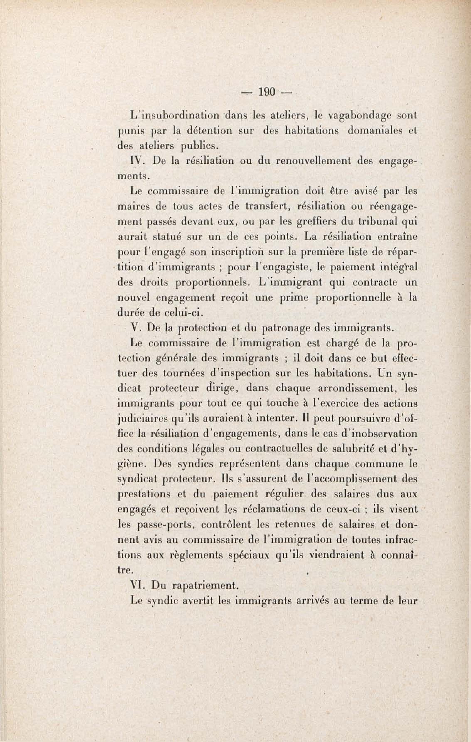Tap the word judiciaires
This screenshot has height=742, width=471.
click(142, 419)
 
